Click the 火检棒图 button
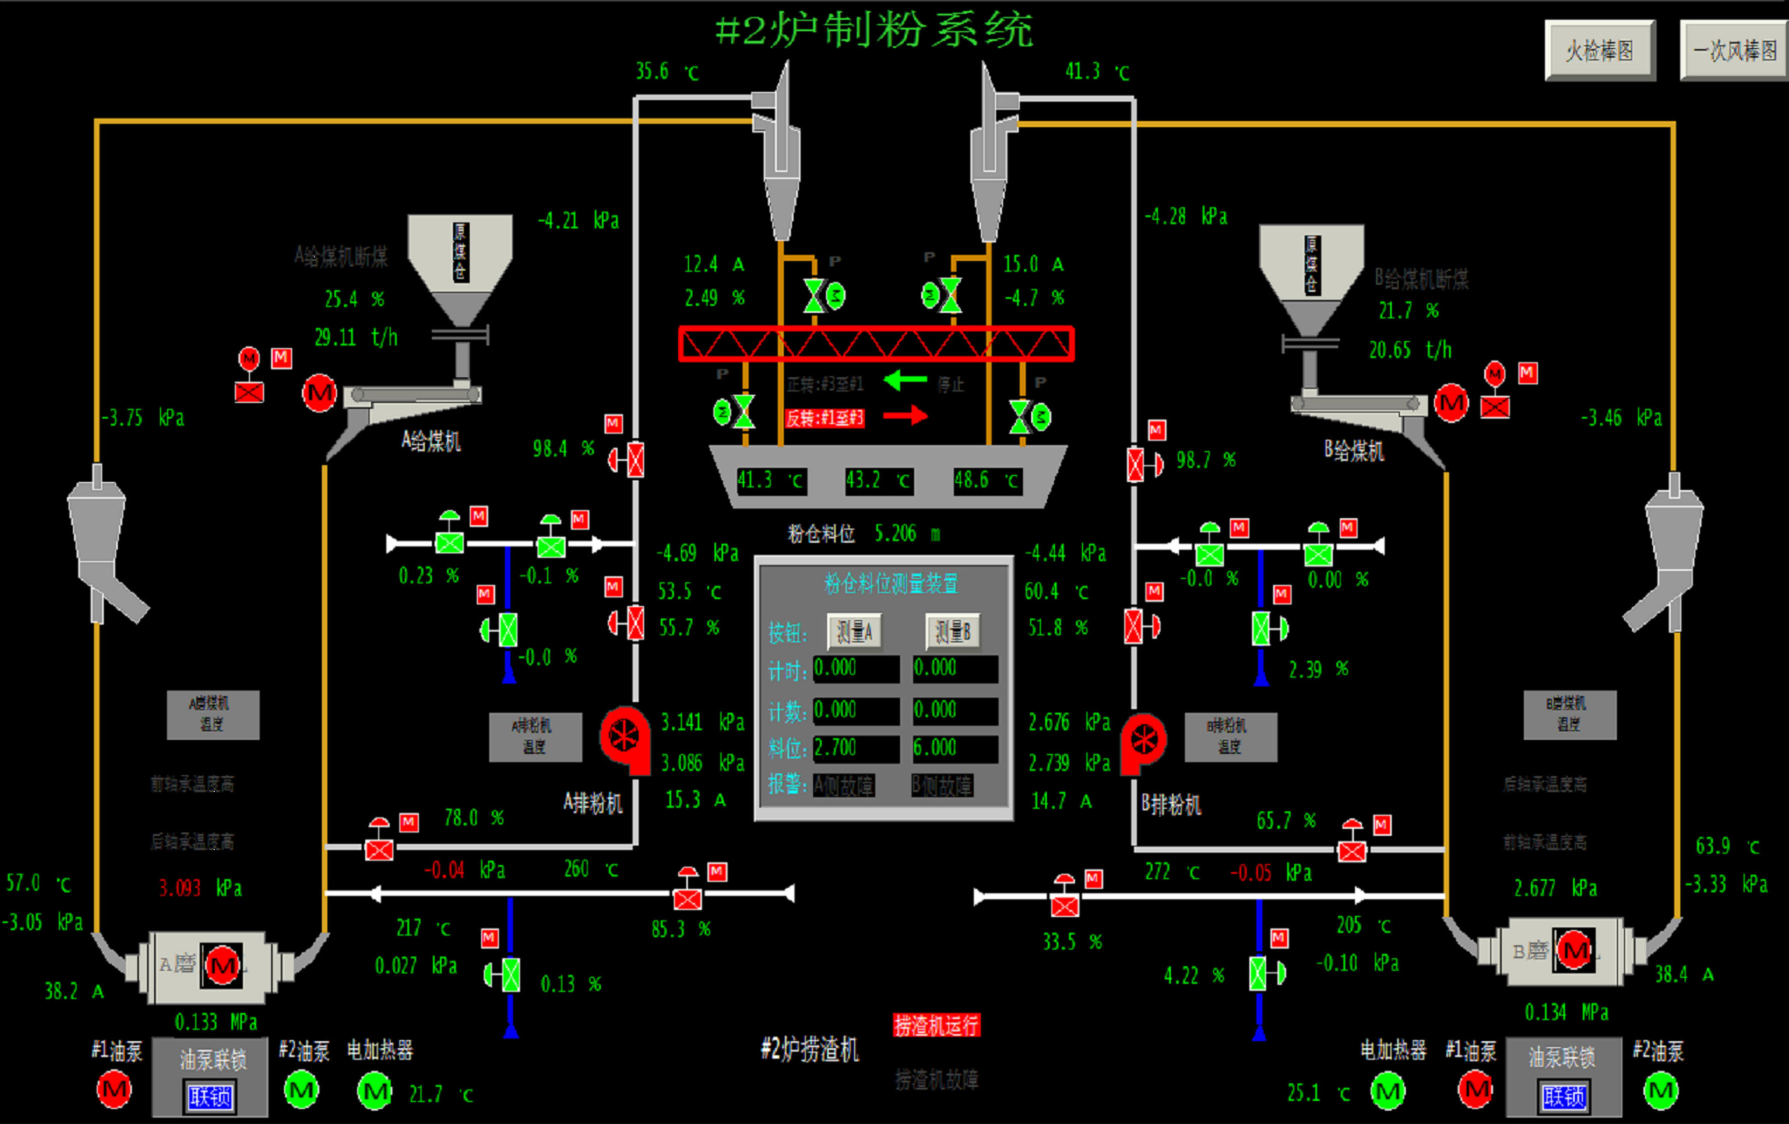(x=1599, y=51)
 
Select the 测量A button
(x=854, y=632)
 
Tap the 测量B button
(x=953, y=632)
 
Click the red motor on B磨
(x=1574, y=950)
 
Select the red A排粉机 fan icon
(x=624, y=737)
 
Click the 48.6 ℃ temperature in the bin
(x=986, y=480)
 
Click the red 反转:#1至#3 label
(x=824, y=418)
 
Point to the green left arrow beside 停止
(x=906, y=381)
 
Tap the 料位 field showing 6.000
(x=955, y=748)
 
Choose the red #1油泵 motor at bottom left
(x=114, y=1090)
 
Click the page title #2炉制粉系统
(x=874, y=31)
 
